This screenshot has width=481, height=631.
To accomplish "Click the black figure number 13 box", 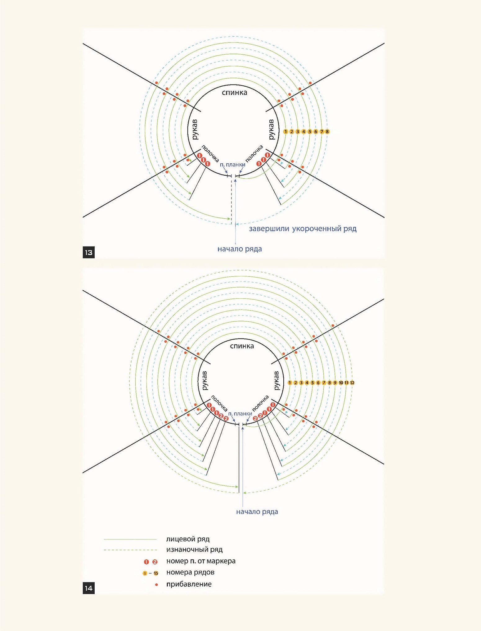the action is click(x=88, y=252).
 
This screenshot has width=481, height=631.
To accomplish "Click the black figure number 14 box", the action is click(x=88, y=588).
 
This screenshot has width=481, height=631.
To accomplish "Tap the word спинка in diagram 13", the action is click(x=235, y=93).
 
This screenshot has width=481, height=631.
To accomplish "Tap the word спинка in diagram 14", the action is click(x=242, y=346).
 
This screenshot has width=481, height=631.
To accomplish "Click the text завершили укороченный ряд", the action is click(x=303, y=229).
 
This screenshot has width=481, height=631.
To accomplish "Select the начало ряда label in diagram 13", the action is click(x=240, y=249).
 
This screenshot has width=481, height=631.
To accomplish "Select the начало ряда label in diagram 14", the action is click(x=257, y=512).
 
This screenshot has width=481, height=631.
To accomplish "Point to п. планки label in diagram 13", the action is click(x=232, y=165).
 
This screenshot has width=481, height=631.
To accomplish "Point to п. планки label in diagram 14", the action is click(x=240, y=414).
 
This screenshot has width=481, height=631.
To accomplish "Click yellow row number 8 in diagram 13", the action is click(x=327, y=132).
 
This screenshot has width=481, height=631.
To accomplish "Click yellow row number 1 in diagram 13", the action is click(x=286, y=132).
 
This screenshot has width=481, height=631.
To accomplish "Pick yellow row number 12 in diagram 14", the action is click(x=352, y=383).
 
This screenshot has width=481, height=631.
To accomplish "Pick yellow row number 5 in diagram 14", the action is click(x=312, y=383).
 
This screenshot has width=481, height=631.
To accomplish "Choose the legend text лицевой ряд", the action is click(x=188, y=539).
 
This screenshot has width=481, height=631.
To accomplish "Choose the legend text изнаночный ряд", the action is click(x=194, y=550).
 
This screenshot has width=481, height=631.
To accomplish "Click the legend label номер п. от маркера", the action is click(x=201, y=561).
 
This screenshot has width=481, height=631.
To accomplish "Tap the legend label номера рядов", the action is click(x=190, y=572).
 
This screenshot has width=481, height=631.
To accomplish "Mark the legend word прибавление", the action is click(x=189, y=584).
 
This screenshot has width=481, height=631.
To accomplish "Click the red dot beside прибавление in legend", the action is click(x=156, y=584).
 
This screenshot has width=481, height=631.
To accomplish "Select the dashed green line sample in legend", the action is click(x=130, y=550).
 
